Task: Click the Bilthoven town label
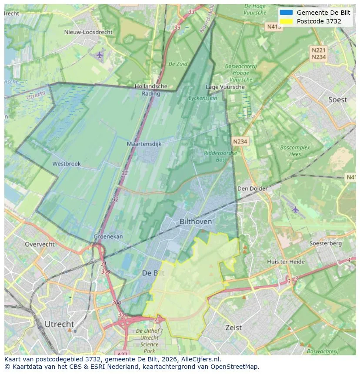196,222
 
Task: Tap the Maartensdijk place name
144,144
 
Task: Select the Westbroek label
67,164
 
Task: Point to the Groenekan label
108,237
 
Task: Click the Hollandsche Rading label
151,89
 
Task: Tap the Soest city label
337,100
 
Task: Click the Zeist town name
233,328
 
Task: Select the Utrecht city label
59,324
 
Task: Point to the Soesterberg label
325,243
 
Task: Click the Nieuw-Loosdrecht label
88,32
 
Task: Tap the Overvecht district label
40,244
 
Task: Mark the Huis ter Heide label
286,261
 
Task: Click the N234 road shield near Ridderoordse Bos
240,142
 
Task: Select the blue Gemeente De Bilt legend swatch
286,13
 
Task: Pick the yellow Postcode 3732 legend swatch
286,21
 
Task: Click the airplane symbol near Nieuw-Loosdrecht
100,55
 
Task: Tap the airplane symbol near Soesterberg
296,209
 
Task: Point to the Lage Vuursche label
225,87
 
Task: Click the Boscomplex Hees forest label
295,151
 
